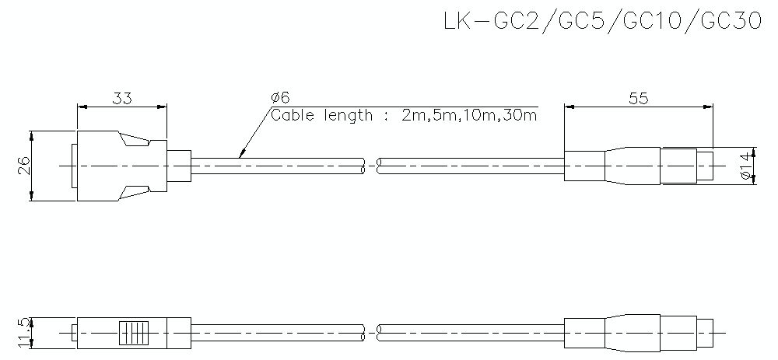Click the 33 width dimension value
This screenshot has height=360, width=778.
point(122,98)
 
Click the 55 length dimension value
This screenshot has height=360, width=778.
point(638,98)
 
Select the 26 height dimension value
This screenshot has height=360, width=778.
point(23,165)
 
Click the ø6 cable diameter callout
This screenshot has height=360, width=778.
point(281,97)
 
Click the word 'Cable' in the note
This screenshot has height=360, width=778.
point(293,116)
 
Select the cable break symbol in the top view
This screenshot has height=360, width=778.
point(371,165)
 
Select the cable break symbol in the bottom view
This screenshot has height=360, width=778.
point(371,333)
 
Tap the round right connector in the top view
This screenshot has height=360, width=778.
point(638,165)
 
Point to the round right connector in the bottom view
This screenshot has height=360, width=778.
point(638,333)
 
